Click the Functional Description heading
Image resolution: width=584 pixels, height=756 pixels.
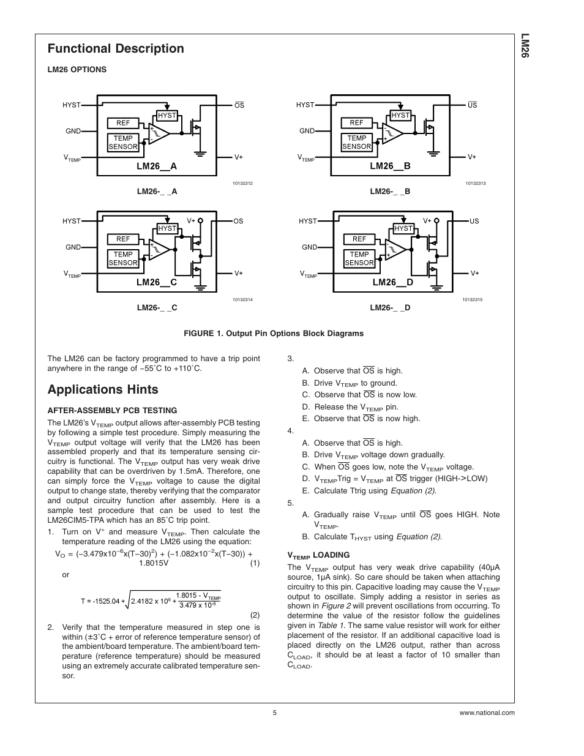116,49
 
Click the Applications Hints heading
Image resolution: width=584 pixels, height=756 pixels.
103,389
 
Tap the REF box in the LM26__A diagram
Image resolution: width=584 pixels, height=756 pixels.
123,123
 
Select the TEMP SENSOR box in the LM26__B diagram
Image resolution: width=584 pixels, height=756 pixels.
356,142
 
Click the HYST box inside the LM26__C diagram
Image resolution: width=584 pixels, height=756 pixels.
167,228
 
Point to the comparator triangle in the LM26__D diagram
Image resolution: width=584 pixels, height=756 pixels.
395,247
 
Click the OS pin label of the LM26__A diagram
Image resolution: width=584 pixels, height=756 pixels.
239,105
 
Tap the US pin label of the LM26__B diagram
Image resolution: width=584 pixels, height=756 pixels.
472,105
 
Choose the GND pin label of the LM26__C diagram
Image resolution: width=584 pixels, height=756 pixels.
73,247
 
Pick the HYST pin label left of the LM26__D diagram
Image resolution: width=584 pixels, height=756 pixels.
308,221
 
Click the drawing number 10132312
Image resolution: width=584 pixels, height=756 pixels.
242,184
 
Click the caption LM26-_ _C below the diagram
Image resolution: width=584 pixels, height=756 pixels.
157,307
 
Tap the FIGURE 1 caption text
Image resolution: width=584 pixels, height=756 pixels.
274,334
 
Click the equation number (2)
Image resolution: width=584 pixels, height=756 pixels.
255,615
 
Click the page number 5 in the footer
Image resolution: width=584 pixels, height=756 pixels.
275,713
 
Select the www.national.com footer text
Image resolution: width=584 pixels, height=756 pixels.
487,713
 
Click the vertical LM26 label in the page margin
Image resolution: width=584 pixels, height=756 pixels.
525,46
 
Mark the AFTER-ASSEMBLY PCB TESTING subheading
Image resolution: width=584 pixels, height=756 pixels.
112,411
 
